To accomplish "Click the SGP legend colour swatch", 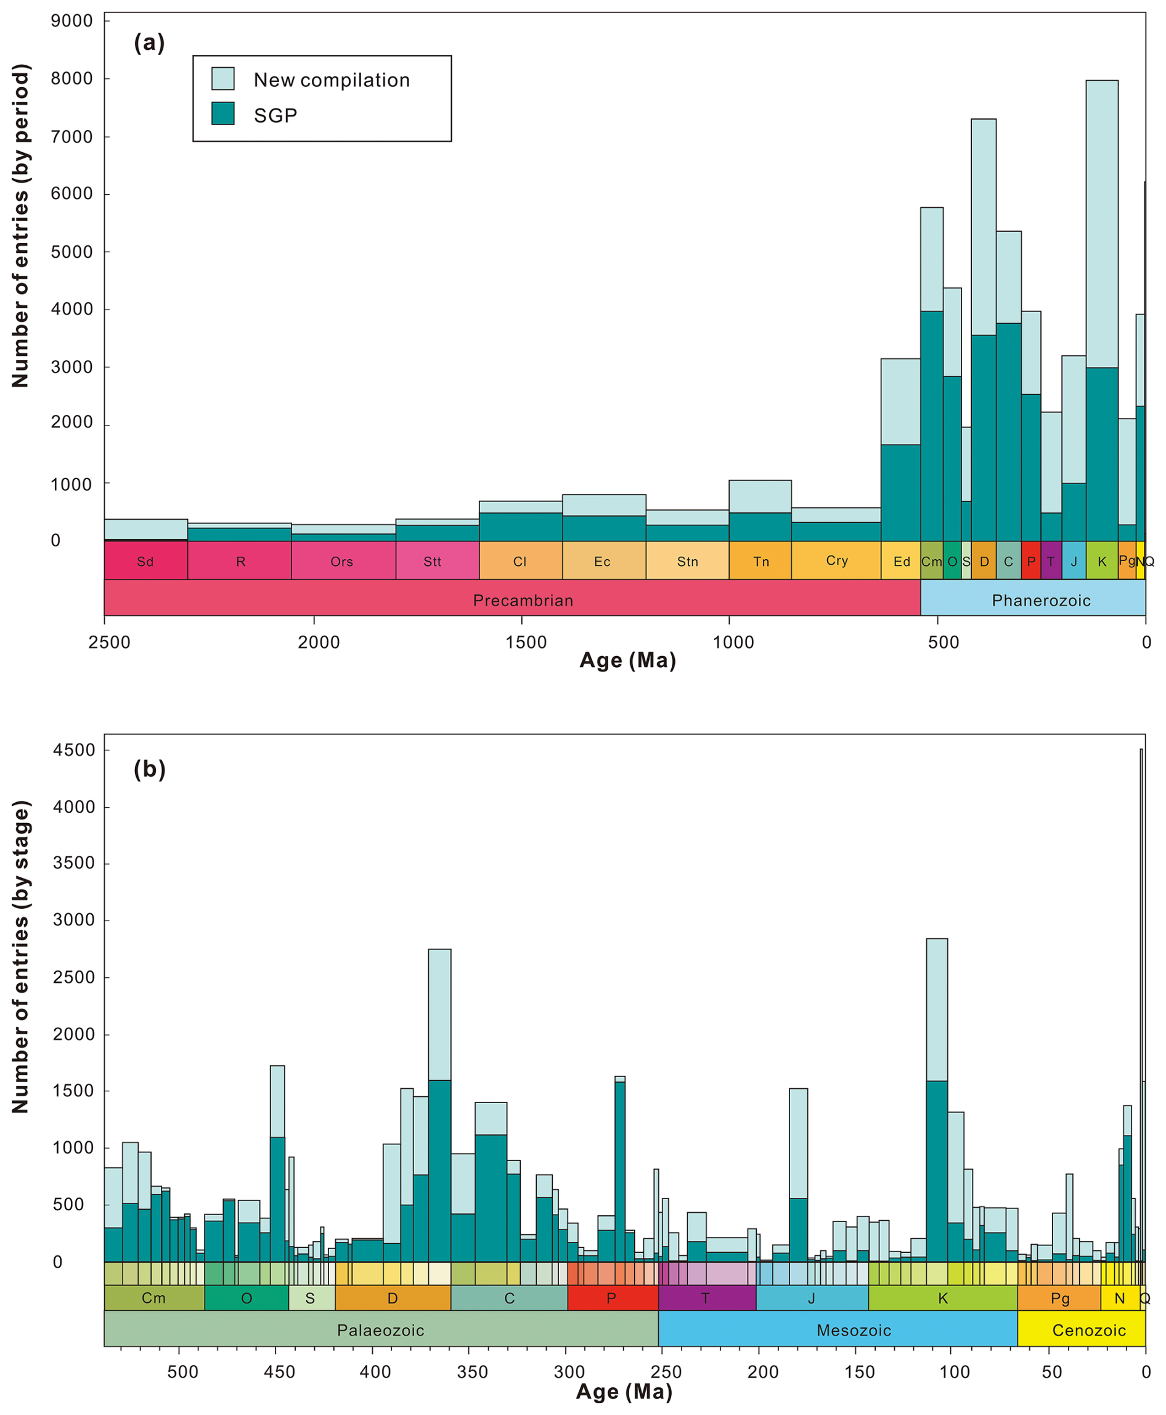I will point(222,113).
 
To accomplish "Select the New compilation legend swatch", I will point(222,79).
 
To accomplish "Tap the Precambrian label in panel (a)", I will point(523,600).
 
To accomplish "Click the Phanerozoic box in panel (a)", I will point(1040,600).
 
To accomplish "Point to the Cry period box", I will point(836,560).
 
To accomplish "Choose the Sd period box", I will point(145,561).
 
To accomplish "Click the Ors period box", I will point(342,561).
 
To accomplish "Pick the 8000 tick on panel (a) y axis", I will point(71,79).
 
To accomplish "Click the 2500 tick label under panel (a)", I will point(110,642).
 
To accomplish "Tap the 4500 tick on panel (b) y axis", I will point(74,750).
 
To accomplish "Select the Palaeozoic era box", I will point(380,1331).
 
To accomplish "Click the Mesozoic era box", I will point(853,1331).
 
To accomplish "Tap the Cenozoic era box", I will point(1088,1331).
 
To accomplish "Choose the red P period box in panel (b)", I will point(612,1298).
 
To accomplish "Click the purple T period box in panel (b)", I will point(706,1298).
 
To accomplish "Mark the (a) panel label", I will point(149,43).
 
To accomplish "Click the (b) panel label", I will point(149,769).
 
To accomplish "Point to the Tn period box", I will point(760,561).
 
